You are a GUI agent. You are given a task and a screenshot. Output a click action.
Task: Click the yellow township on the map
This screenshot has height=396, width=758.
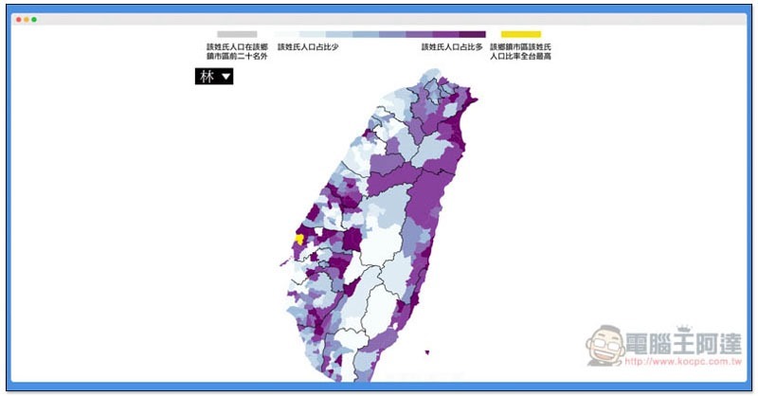299,239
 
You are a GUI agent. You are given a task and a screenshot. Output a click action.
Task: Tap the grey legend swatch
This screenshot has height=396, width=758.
236,34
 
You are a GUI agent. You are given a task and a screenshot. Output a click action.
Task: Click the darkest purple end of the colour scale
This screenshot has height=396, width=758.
474,34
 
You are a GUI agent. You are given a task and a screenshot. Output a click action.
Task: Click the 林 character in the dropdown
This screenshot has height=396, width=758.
207,77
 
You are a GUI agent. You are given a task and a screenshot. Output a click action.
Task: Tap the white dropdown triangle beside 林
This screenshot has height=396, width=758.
225,78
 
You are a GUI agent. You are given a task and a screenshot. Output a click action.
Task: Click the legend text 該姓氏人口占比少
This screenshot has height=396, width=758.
309,46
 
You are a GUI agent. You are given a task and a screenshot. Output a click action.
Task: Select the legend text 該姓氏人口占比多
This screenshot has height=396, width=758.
452,46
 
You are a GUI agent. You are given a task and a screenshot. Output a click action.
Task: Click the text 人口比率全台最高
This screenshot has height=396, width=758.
520,57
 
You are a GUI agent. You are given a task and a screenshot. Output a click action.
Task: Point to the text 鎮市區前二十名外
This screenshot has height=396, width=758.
237,57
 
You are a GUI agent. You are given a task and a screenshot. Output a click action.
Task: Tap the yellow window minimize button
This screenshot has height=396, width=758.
27,19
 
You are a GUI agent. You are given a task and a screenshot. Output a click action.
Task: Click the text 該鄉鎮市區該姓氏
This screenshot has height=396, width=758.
520,46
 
